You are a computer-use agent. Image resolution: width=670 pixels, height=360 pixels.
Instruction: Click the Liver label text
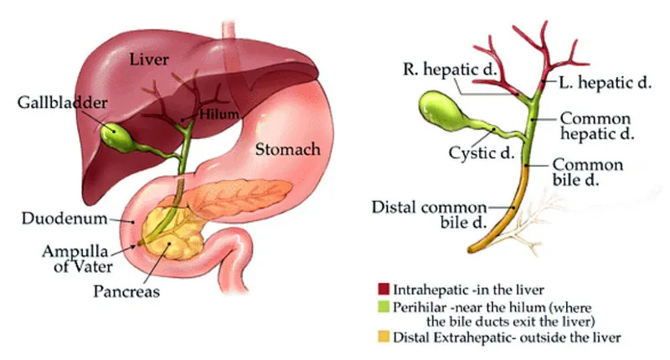[x=152, y=59]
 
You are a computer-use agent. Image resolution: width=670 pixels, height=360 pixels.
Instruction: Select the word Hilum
[x=219, y=112]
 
